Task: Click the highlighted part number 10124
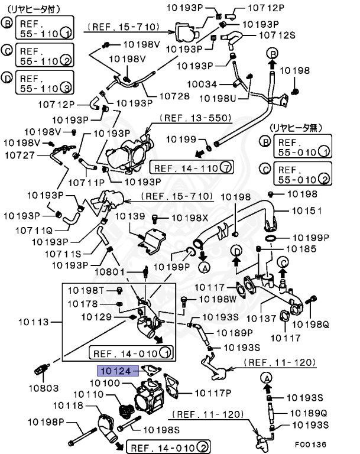pyautogui.click(x=116, y=371)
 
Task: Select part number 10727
pyautogui.click(x=21, y=155)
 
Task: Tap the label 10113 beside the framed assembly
pyautogui.click(x=33, y=322)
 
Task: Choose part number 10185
pyautogui.click(x=301, y=249)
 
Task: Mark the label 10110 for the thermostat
pyautogui.click(x=88, y=394)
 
